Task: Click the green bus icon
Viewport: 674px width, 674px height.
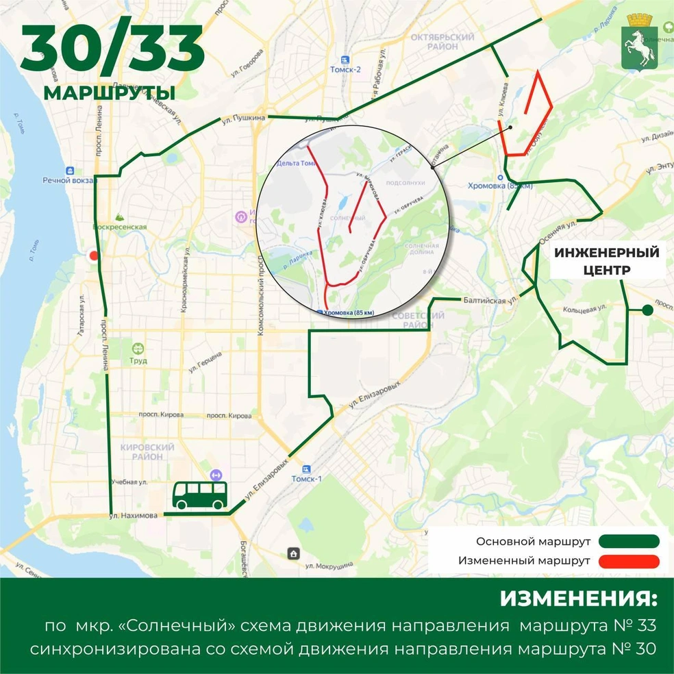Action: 199,495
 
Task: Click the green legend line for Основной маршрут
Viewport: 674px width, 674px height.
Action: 629,541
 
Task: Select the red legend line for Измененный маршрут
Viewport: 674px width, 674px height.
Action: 629,561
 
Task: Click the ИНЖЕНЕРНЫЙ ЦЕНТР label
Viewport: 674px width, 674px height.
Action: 606,261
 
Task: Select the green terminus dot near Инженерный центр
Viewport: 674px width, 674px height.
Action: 647,311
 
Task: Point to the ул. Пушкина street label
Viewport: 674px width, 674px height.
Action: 242,118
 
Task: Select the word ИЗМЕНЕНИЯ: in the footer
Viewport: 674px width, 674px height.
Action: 577,599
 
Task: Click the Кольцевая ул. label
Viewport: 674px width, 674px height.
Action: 584,309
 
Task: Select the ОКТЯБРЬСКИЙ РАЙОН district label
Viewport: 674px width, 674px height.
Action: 442,42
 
